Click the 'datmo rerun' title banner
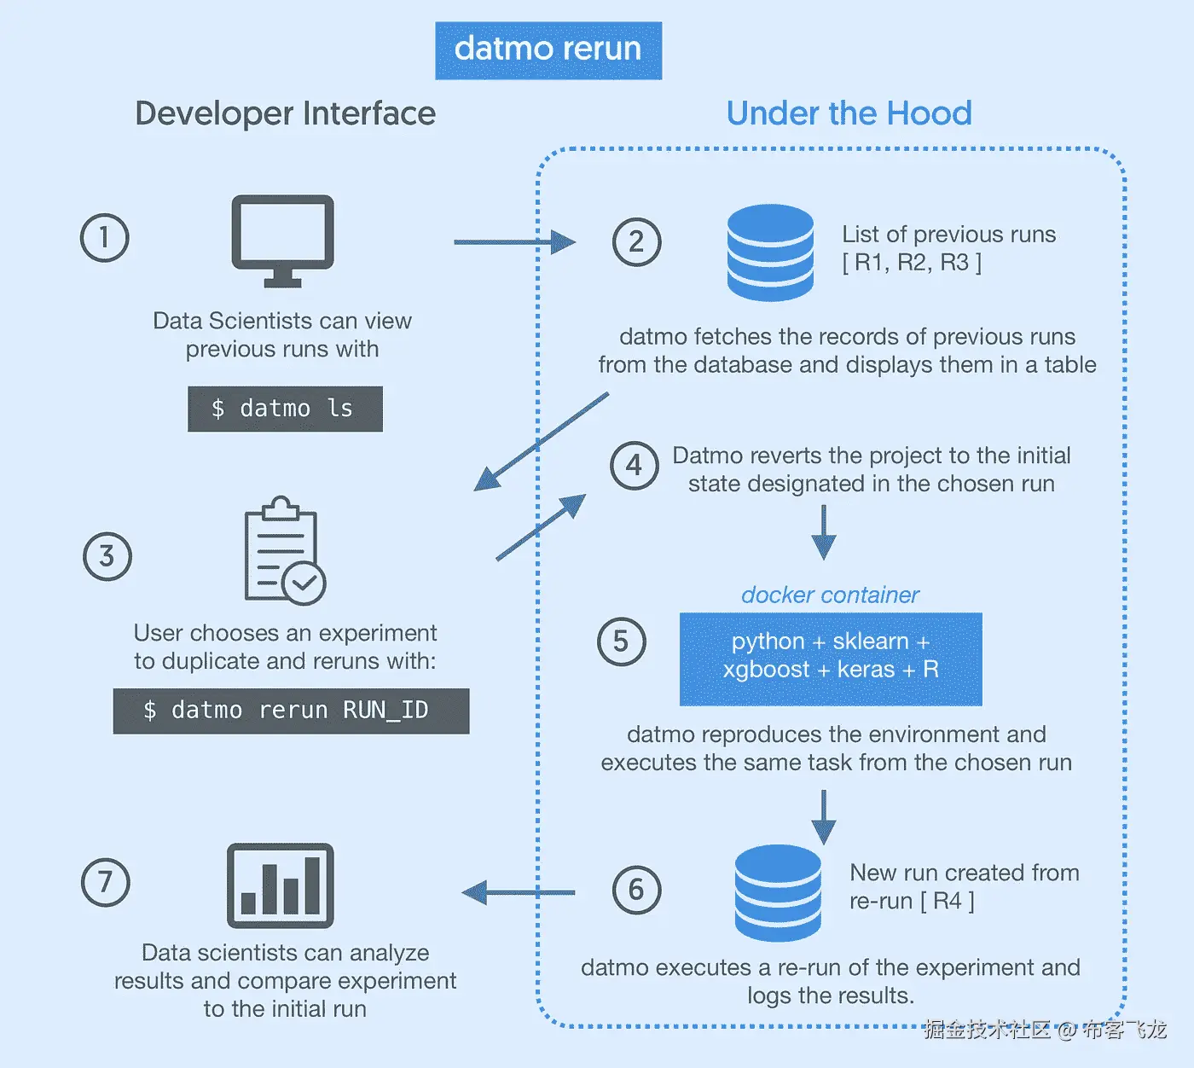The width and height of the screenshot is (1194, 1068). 548,50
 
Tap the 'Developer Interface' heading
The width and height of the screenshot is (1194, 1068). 285,113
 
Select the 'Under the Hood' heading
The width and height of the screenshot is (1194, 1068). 849,113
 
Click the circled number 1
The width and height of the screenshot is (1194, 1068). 104,237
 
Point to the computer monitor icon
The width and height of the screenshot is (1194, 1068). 282,240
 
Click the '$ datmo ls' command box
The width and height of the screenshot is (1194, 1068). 285,409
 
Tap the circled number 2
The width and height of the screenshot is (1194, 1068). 636,241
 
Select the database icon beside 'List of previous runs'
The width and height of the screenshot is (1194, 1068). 770,252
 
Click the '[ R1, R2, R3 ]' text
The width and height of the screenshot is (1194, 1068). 912,262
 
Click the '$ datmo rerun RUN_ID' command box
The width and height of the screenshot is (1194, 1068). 291,711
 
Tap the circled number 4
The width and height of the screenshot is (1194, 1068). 634,466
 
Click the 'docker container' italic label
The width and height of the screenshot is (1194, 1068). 830,595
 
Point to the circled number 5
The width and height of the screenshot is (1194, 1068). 621,641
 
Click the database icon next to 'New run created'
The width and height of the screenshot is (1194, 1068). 778,891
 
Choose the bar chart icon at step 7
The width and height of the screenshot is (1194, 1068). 280,885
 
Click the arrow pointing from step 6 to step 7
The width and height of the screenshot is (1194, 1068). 519,893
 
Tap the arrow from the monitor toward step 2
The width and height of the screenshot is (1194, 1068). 514,242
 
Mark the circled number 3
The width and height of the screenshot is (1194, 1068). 107,556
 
